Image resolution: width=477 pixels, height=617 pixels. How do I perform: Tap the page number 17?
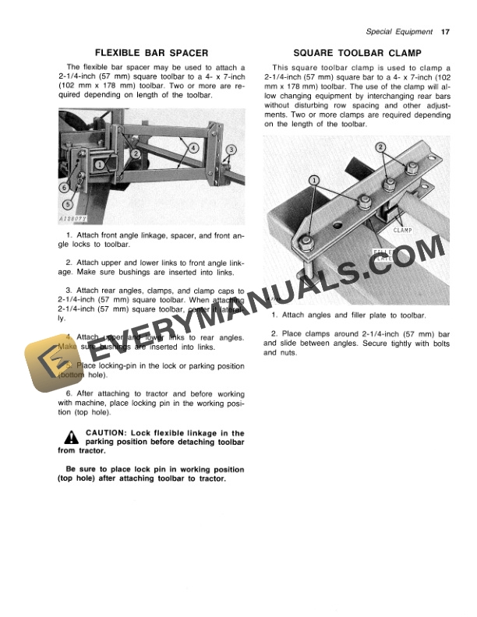[445, 32]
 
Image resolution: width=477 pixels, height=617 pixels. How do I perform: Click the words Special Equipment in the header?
[399, 32]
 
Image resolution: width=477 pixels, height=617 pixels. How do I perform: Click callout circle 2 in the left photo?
[136, 154]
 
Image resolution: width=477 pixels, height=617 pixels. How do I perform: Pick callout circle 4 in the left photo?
[193, 147]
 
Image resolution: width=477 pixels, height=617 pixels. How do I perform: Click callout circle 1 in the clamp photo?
[314, 180]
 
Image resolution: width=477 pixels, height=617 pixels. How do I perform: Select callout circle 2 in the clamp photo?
[380, 147]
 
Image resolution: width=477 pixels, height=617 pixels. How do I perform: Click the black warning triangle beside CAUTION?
[72, 437]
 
